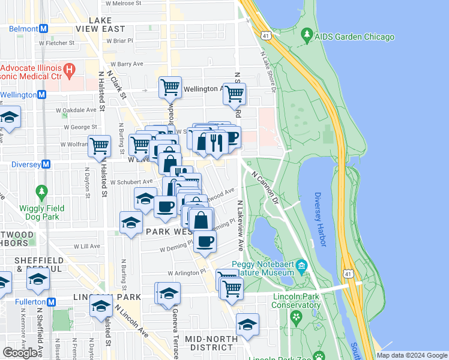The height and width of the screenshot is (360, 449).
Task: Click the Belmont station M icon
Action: pyautogui.click(x=44, y=28)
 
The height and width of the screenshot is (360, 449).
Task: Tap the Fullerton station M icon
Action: pyautogui.click(x=51, y=302)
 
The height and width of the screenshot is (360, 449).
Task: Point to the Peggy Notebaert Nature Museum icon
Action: pyautogui.click(x=302, y=265)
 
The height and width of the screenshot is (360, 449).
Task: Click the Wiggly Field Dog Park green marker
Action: pyautogui.click(x=41, y=193)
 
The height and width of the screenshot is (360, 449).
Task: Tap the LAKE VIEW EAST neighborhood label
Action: pyautogui.click(x=101, y=28)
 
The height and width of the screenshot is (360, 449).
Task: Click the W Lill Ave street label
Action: pyautogui.click(x=86, y=246)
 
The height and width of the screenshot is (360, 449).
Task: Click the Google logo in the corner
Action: pyautogui.click(x=20, y=353)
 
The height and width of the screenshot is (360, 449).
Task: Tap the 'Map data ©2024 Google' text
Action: pyautogui.click(x=411, y=355)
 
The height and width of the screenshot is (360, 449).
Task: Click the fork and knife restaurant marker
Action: pyautogui.click(x=214, y=142)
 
